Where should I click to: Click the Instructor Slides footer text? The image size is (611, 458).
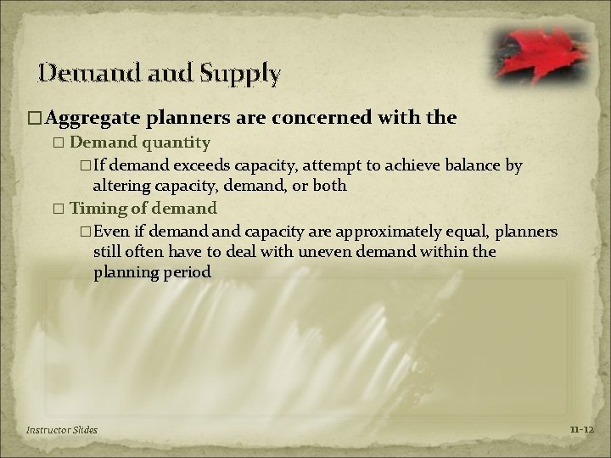point(61,430)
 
